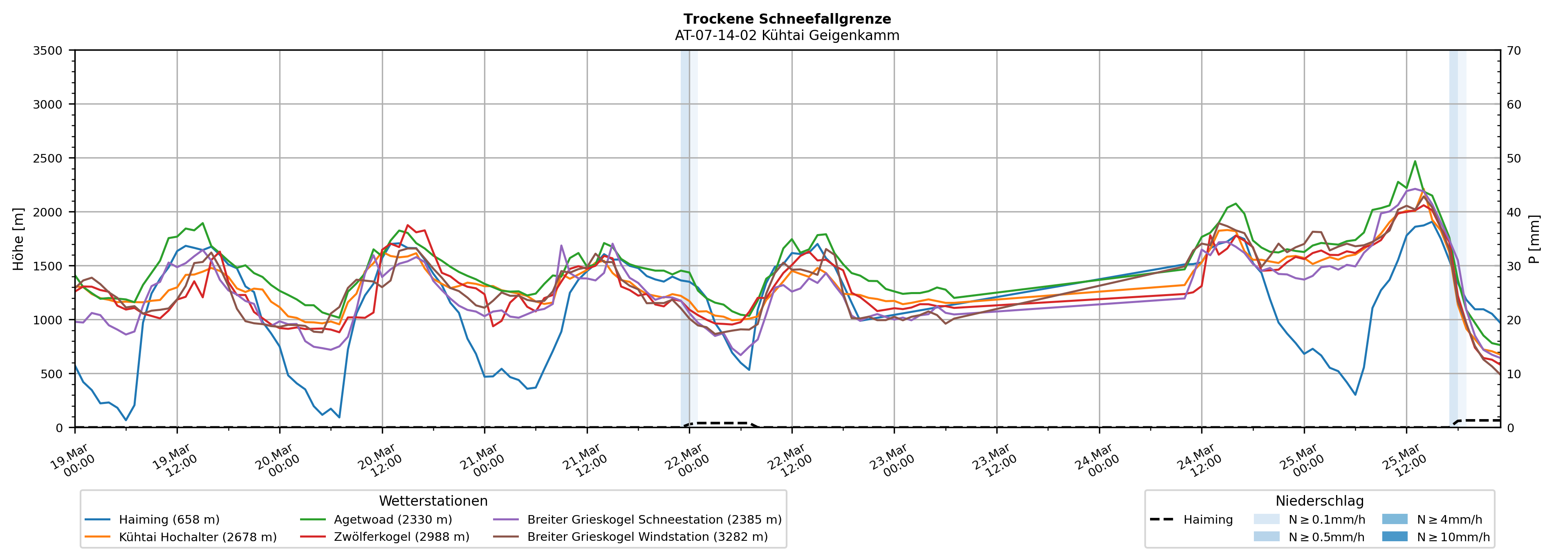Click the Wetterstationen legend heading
(x=433, y=501)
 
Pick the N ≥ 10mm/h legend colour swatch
(x=1394, y=536)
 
